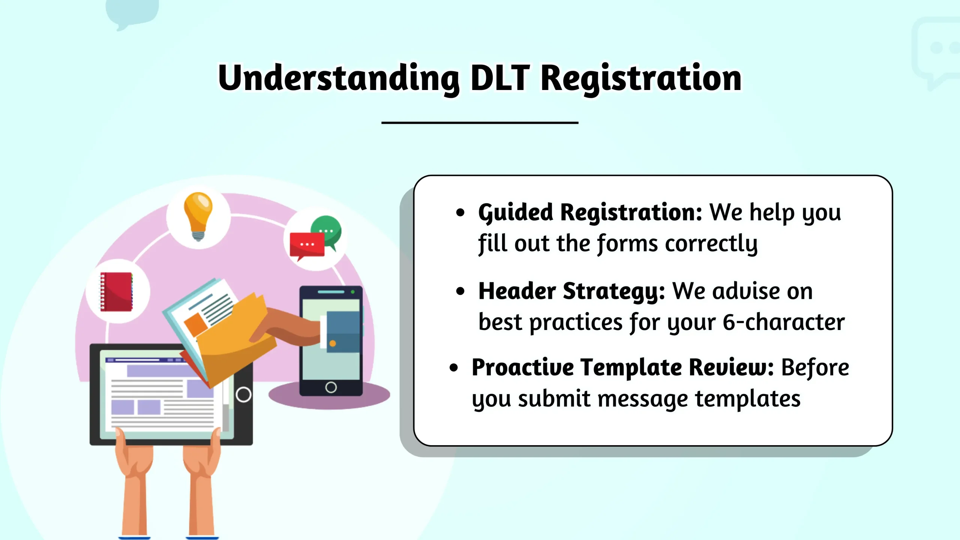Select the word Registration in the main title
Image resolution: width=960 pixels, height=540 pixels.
pyautogui.click(x=641, y=79)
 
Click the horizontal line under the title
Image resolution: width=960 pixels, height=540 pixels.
pyautogui.click(x=480, y=123)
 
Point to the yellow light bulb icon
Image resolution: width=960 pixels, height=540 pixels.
pyautogui.click(x=198, y=216)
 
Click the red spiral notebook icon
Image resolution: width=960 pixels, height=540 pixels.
pyautogui.click(x=116, y=292)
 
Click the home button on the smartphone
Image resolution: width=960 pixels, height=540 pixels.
pyautogui.click(x=331, y=387)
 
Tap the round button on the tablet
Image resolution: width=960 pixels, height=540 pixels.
pyautogui.click(x=243, y=394)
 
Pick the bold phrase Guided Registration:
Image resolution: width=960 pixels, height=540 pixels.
pyautogui.click(x=590, y=213)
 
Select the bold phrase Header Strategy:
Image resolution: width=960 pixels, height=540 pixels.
pyautogui.click(x=572, y=292)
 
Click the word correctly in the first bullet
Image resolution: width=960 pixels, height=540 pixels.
pyautogui.click(x=711, y=244)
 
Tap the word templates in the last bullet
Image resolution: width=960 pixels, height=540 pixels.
pyautogui.click(x=748, y=399)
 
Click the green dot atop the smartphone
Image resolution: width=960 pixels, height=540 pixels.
pyautogui.click(x=352, y=292)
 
